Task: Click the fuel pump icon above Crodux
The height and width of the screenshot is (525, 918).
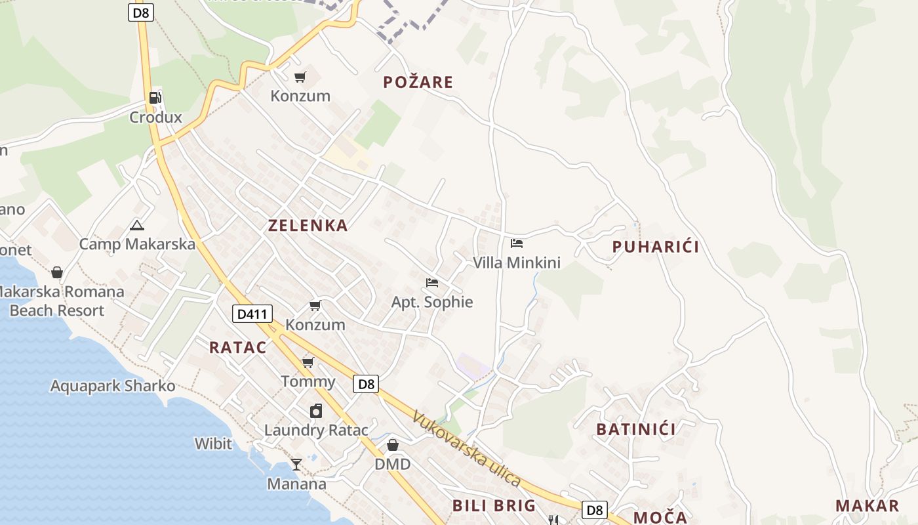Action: point(155,98)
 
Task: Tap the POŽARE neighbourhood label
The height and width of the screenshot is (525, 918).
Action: point(418,82)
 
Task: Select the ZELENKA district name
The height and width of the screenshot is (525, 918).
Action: point(308,225)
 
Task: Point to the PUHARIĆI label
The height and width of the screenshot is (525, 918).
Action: point(656,247)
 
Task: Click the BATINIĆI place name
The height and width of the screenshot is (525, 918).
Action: point(636,429)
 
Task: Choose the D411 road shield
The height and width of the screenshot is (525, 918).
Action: point(252,314)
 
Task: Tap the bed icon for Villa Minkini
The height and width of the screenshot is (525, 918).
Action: point(517,243)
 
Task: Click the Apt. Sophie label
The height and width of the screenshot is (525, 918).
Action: point(432,302)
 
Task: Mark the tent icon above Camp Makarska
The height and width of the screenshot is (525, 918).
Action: point(136,226)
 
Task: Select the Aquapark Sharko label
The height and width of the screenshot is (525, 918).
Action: point(113,386)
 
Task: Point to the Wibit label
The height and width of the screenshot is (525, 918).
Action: point(213,444)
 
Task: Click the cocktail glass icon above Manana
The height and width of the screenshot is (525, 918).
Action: point(296,465)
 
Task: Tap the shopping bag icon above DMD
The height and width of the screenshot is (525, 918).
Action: point(392,445)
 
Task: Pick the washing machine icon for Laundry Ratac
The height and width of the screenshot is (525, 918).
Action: point(316,411)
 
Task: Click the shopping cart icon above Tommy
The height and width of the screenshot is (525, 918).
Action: point(308,362)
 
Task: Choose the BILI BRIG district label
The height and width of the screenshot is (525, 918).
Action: point(494,505)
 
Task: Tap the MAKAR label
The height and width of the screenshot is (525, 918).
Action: point(867,505)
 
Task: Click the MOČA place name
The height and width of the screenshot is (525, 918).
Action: point(660,517)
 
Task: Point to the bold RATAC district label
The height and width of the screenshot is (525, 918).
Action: point(238,347)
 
